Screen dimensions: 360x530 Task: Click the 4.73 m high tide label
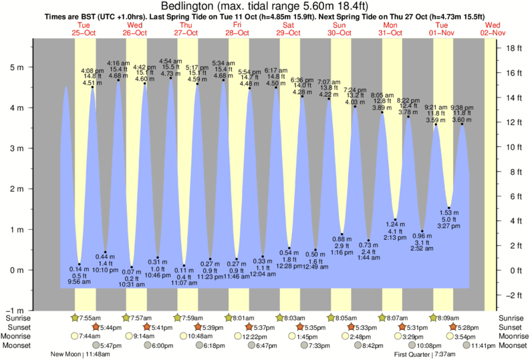tap(171, 74)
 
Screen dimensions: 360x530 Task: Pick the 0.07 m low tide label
tap(132, 272)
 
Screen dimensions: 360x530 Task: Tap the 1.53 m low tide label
tap(449, 212)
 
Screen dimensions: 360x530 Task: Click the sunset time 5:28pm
tap(466, 327)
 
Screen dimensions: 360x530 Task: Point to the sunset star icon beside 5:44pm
tap(95, 327)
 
